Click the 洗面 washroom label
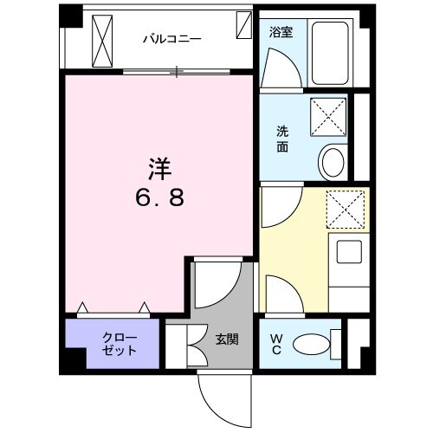(283, 139)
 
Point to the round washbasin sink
(332, 160)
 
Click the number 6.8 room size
(158, 198)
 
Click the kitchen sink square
(348, 254)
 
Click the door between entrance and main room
(214, 286)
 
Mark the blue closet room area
(113, 345)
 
